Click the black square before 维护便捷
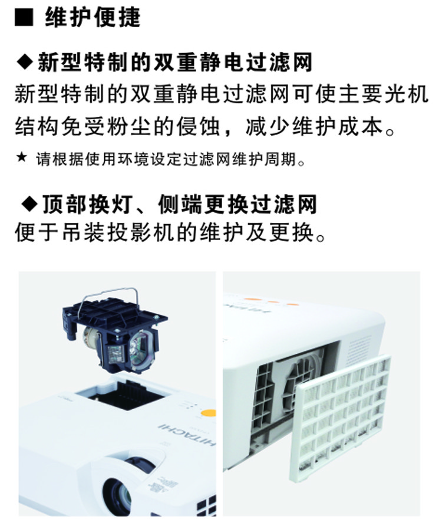click(24, 18)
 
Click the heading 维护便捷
click(93, 18)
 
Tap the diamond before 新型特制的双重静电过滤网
click(25, 61)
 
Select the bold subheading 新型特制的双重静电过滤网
click(175, 62)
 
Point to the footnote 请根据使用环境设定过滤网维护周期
click(171, 159)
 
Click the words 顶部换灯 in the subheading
click(87, 204)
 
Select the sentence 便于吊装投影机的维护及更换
click(170, 232)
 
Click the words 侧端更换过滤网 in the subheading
click(237, 204)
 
